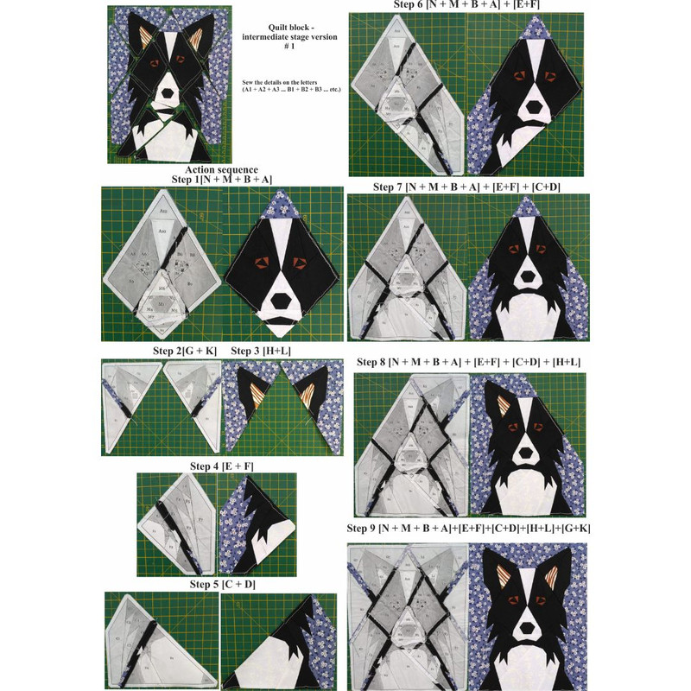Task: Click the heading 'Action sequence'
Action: (221, 168)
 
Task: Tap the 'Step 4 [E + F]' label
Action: (222, 466)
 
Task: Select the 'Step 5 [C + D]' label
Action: (221, 585)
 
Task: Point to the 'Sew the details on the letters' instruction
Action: (284, 85)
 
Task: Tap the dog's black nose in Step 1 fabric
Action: (282, 295)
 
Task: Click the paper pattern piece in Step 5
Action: (160, 635)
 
